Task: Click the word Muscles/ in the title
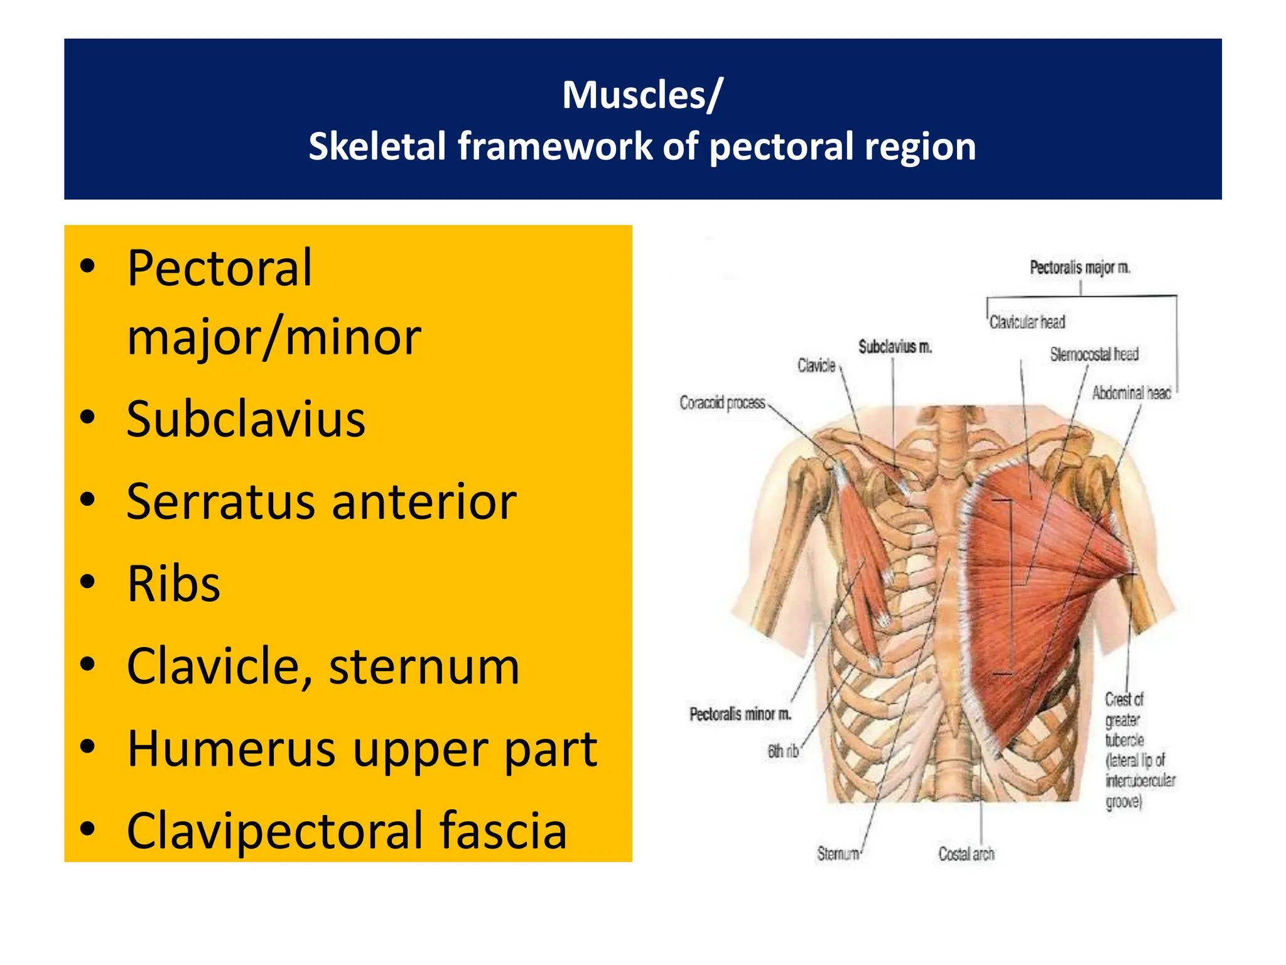[642, 95]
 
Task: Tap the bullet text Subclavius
[246, 419]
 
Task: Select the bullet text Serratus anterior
[321, 501]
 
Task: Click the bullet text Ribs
[173, 584]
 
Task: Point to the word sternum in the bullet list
[424, 666]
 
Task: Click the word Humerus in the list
[230, 748]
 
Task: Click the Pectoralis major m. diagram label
[1079, 268]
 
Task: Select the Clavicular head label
[1027, 322]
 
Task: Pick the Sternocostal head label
[1094, 355]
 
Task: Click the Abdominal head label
[1131, 393]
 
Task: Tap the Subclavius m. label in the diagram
[895, 347]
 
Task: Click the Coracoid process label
[722, 402]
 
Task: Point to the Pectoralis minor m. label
[740, 714]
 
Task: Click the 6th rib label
[782, 751]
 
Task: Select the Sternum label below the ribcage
[838, 854]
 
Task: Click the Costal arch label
[966, 854]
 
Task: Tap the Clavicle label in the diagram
[816, 366]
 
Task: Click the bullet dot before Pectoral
[87, 266]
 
